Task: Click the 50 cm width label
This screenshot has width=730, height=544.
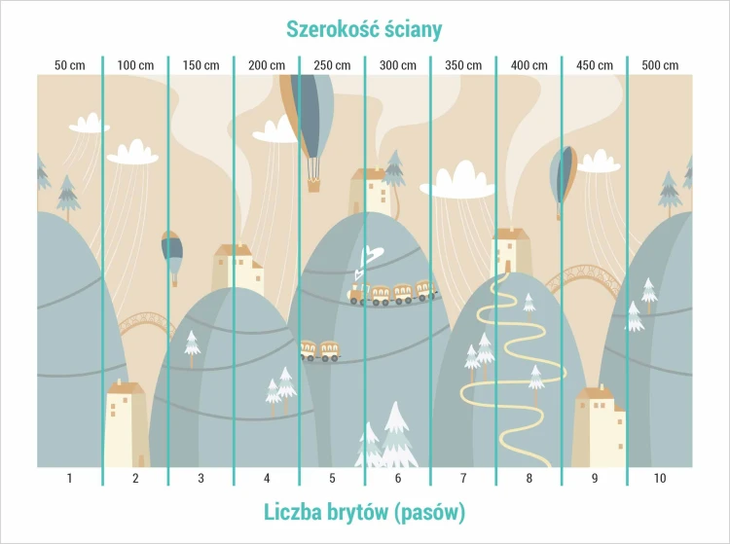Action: (70, 65)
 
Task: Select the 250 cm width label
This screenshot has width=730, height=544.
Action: (332, 65)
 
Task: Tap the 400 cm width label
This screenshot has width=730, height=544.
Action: (529, 65)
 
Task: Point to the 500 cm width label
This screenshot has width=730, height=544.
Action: (660, 65)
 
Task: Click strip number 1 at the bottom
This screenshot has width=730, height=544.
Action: (69, 478)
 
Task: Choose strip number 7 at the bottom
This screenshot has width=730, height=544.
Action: (463, 478)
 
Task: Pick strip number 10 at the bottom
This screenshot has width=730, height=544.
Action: (660, 478)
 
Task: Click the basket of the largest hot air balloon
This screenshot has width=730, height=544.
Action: (313, 186)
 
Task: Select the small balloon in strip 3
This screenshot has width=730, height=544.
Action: (172, 258)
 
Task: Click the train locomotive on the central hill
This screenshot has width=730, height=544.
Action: (357, 294)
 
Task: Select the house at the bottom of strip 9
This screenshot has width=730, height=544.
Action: (599, 426)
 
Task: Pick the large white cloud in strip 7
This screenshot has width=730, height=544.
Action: (457, 181)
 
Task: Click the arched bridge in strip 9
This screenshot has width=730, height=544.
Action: (584, 278)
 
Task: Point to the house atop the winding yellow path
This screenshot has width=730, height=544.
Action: (511, 251)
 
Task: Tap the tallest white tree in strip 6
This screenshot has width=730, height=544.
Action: (396, 434)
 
